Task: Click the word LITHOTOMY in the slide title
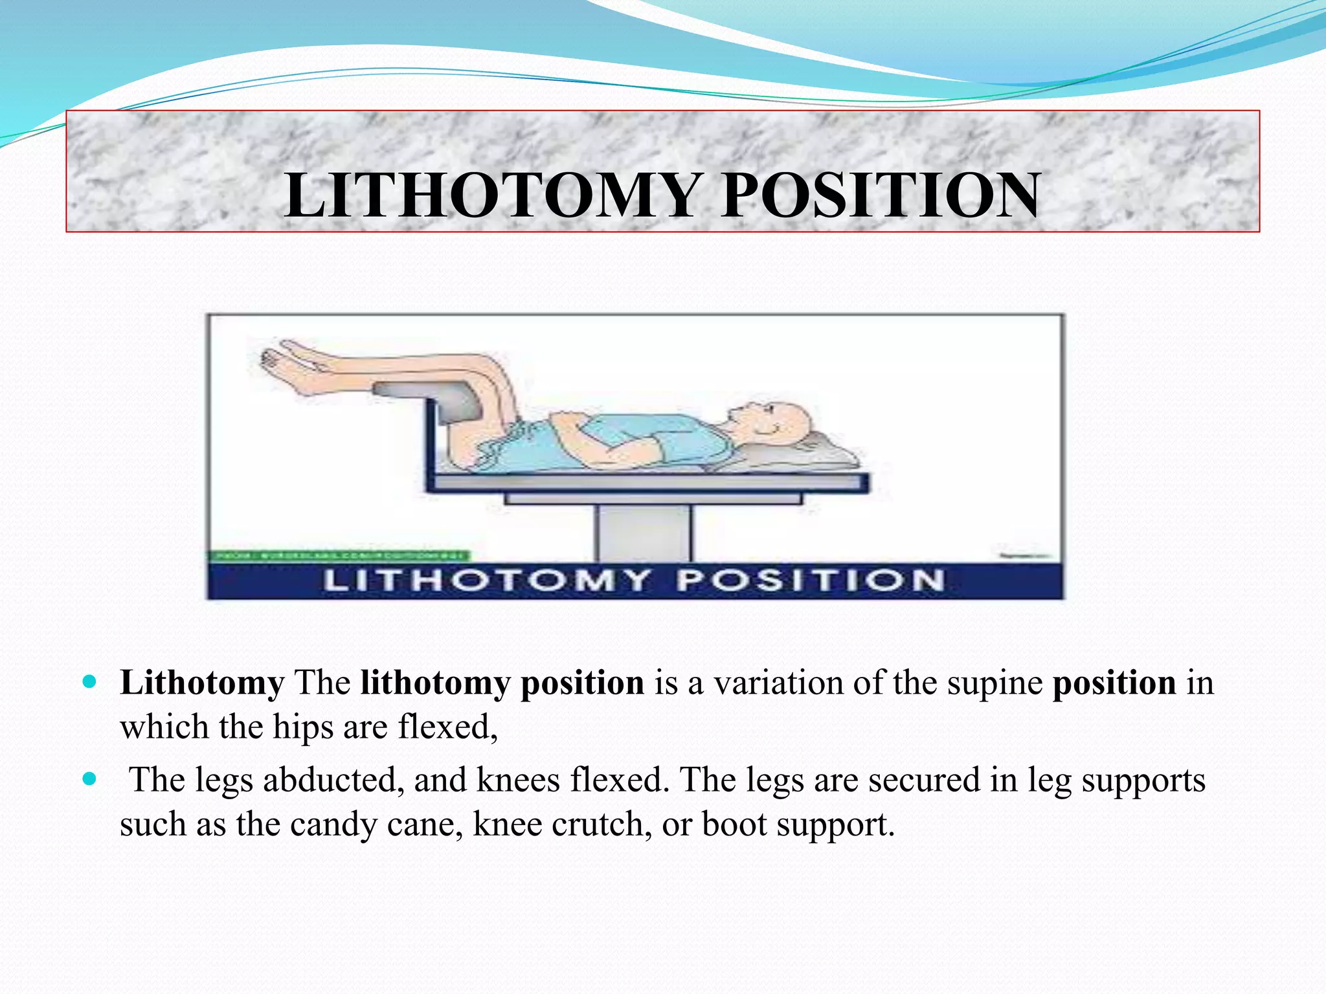[x=492, y=195]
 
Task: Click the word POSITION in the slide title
[x=881, y=195]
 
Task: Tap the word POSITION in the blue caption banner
[x=811, y=580]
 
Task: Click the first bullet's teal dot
[x=90, y=681]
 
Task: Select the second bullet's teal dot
[x=90, y=779]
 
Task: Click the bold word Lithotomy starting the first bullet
[x=202, y=683]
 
